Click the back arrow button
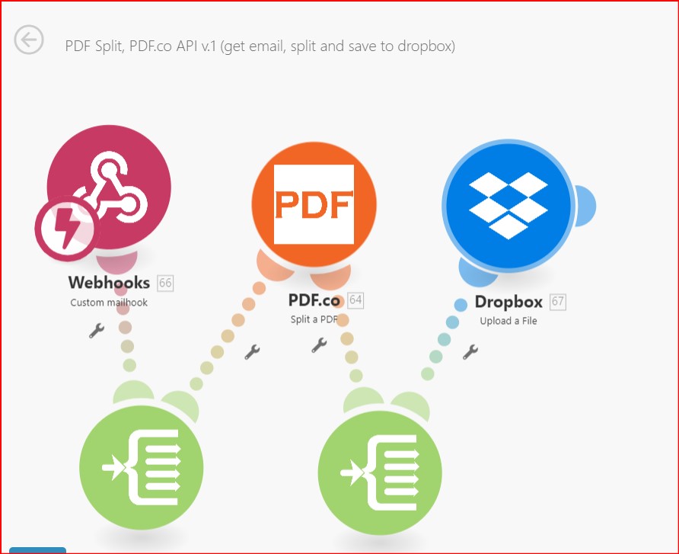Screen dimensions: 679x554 [29, 40]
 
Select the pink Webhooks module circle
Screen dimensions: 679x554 [109, 187]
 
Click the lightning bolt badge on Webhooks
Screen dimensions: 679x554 [67, 229]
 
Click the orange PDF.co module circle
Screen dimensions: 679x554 [314, 204]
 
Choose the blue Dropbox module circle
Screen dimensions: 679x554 [508, 206]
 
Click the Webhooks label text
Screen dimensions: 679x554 [109, 283]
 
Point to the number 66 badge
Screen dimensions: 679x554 [165, 283]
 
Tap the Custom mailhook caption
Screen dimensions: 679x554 [109, 303]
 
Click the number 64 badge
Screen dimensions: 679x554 [355, 300]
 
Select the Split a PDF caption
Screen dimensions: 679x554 [314, 319]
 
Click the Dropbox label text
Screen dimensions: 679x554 [508, 302]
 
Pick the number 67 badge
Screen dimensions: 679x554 [558, 302]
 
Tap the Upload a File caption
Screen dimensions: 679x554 [508, 321]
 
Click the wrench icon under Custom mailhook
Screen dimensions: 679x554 [96, 331]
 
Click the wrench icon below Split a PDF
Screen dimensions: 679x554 [319, 345]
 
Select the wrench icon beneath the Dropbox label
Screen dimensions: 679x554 [470, 352]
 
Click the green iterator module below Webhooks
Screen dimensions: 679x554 [141, 467]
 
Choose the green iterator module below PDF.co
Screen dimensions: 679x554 [380, 473]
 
